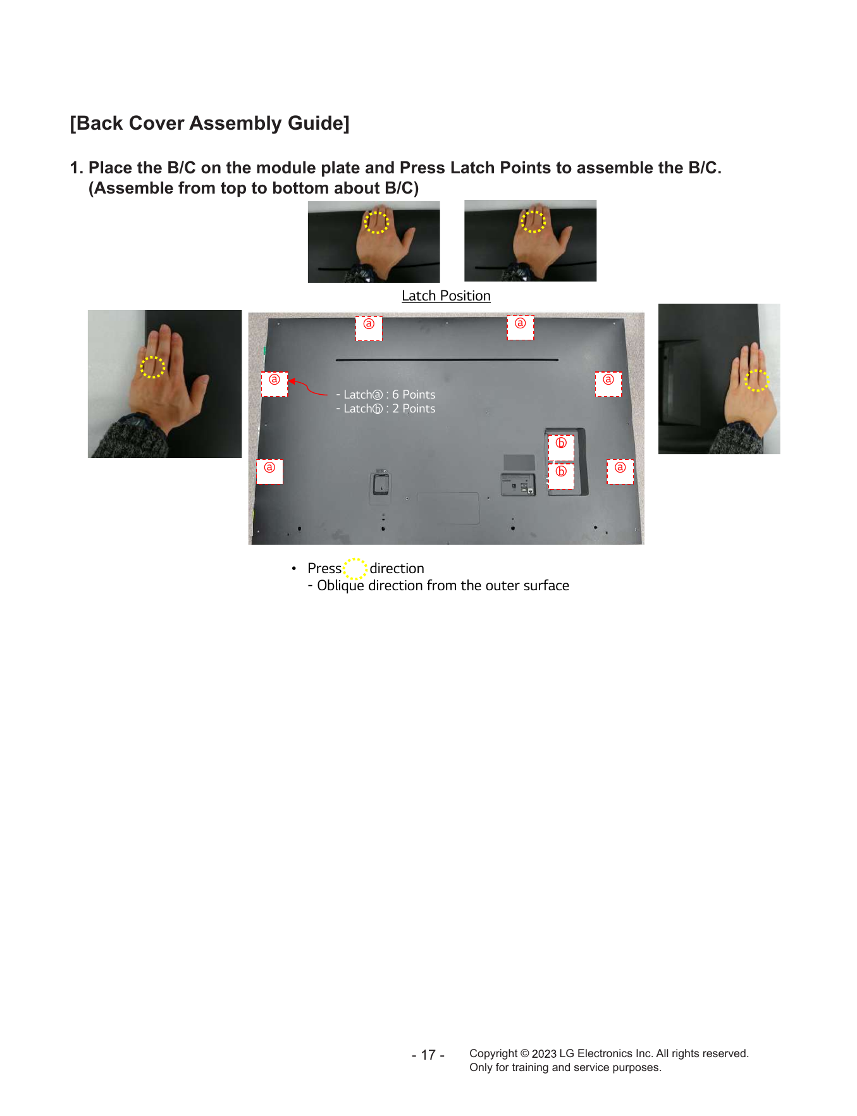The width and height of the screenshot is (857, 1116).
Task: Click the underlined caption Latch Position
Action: tap(446, 296)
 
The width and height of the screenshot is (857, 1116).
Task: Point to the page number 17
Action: tap(428, 1055)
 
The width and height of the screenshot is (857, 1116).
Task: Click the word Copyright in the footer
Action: tap(493, 1053)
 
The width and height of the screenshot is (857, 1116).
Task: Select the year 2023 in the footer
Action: tap(544, 1053)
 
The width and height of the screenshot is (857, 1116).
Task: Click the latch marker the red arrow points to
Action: tap(274, 384)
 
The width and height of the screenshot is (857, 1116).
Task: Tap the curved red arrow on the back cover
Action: tap(308, 387)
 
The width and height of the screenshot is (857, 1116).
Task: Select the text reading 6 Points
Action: tap(414, 394)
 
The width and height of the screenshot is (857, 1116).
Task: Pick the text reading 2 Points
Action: tap(414, 409)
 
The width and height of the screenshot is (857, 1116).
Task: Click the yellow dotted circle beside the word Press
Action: tap(355, 559)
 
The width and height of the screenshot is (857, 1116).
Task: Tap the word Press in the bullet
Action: tap(324, 568)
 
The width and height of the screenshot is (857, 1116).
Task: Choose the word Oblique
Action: tap(340, 586)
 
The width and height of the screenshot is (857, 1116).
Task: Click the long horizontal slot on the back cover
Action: tap(447, 360)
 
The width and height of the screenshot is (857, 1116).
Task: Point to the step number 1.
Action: tap(75, 168)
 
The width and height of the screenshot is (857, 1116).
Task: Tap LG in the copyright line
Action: tap(567, 1053)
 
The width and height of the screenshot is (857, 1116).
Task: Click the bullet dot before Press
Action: tap(294, 568)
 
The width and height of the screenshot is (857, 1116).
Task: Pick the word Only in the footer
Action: tap(481, 1067)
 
